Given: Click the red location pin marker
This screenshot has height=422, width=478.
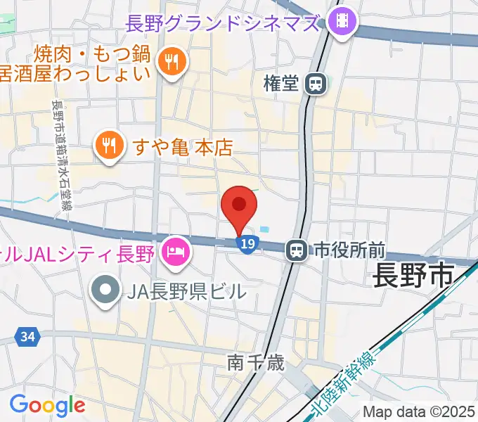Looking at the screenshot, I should coord(239,205).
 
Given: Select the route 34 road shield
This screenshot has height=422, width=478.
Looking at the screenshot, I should coord(27,338).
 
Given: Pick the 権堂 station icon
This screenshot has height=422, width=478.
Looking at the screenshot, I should coord(316,84).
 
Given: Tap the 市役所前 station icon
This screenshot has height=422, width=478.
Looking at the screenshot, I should coord(297,249).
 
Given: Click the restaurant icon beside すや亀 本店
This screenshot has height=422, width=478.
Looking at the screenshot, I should coord(108,147).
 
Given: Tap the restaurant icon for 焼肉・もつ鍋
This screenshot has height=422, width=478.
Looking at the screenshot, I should coord(172,62).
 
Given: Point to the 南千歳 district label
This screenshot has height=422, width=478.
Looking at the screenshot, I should coord(256,363).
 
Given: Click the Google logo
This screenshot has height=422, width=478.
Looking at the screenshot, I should coord(46,405).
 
